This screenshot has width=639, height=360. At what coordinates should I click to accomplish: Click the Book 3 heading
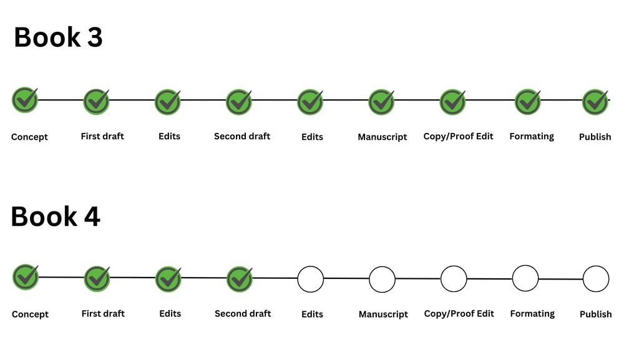[58, 37]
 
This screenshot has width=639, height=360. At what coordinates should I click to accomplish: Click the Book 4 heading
[56, 216]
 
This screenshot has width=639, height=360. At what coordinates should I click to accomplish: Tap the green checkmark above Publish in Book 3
[595, 102]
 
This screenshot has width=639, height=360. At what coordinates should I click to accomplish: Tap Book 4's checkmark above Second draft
[239, 279]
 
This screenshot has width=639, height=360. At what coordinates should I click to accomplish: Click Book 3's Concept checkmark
[25, 100]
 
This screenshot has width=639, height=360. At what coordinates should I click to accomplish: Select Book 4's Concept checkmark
[26, 277]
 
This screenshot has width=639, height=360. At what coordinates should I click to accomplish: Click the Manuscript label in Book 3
[383, 137]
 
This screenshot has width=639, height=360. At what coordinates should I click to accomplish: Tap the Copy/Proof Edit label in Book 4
[459, 314]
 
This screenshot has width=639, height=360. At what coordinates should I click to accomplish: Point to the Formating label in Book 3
[532, 137]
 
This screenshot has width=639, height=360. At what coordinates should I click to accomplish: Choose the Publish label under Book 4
[596, 314]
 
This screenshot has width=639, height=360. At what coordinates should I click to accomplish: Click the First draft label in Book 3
[102, 136]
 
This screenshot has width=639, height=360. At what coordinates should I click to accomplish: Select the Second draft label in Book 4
[243, 314]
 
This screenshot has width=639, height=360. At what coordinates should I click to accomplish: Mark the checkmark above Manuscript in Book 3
[381, 102]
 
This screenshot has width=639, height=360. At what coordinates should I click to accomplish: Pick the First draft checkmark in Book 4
[97, 279]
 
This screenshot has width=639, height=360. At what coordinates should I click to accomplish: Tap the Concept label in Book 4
[30, 314]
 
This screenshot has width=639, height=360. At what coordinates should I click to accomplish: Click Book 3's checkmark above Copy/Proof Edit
[453, 102]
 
